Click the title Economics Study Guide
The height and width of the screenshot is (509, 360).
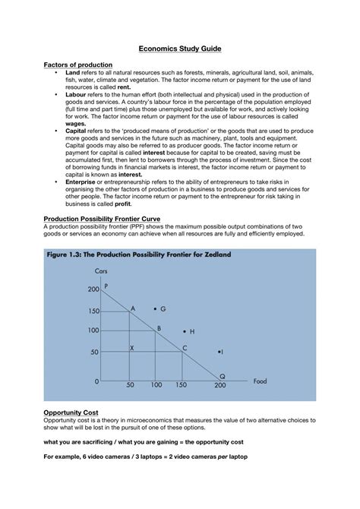pyautogui.click(x=180, y=48)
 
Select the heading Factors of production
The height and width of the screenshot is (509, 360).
pyautogui.click(x=78, y=65)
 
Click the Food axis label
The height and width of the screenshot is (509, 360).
pyautogui.click(x=261, y=381)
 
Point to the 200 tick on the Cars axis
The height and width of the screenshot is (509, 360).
pyautogui.click(x=93, y=289)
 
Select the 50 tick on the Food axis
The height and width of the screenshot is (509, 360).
pyautogui.click(x=130, y=385)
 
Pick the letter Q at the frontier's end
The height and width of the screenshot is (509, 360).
pyautogui.click(x=223, y=376)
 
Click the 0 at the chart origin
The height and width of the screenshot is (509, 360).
pyautogui.click(x=96, y=381)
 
